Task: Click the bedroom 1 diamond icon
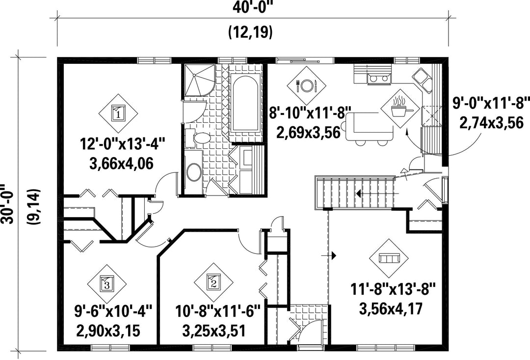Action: [x=118, y=113]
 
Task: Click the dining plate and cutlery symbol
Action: [x=307, y=85]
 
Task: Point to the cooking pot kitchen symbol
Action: [x=401, y=109]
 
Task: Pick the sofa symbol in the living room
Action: [x=389, y=258]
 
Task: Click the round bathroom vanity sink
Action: [x=194, y=172]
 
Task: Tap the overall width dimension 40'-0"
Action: [x=253, y=7]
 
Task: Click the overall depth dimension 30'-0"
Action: [x=7, y=204]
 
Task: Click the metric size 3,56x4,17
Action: [x=391, y=308]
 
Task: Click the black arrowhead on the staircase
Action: [x=358, y=194]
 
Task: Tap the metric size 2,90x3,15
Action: [x=108, y=331]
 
